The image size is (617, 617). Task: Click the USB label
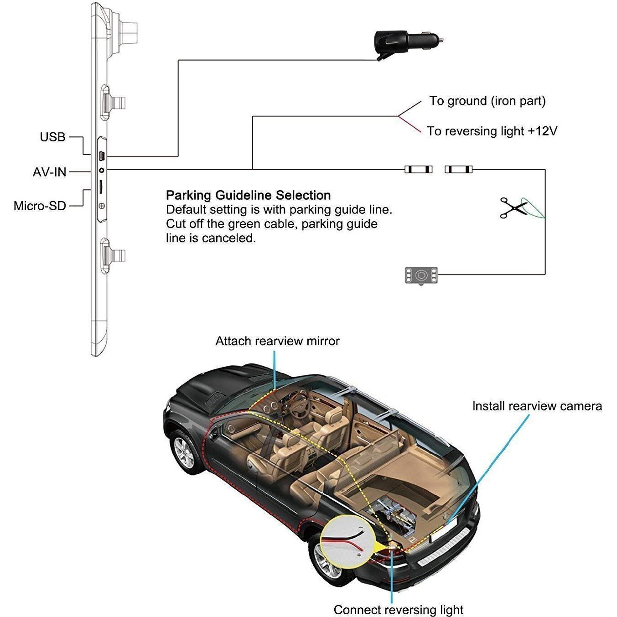52,137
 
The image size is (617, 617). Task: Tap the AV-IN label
49,172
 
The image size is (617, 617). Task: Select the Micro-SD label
40,206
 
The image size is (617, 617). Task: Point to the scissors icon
513,208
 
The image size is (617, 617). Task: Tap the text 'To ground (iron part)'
487,101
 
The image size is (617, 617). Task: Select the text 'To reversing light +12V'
492,131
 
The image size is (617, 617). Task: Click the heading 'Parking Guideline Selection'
249,195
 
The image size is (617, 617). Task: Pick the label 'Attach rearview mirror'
277,341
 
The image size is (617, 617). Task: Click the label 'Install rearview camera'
537,406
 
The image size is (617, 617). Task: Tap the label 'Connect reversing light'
399,610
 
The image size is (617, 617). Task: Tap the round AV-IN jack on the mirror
102,170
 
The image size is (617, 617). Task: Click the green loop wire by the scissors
533,208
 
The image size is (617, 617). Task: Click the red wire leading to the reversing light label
410,124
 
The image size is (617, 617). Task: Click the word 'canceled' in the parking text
229,238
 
